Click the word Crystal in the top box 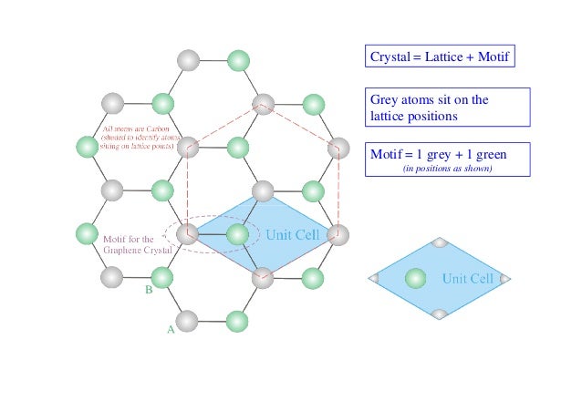point(390,58)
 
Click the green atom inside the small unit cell point(415,278)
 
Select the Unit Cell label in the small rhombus point(467,278)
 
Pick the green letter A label point(170,331)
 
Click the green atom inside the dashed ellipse point(237,234)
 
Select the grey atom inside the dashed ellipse point(188,234)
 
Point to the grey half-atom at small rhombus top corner point(439,243)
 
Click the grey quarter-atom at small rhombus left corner point(373,278)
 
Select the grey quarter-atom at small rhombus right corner point(505,278)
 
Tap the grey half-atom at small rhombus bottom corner point(439,313)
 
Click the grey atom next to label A point(187,321)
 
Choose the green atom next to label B point(162,276)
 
